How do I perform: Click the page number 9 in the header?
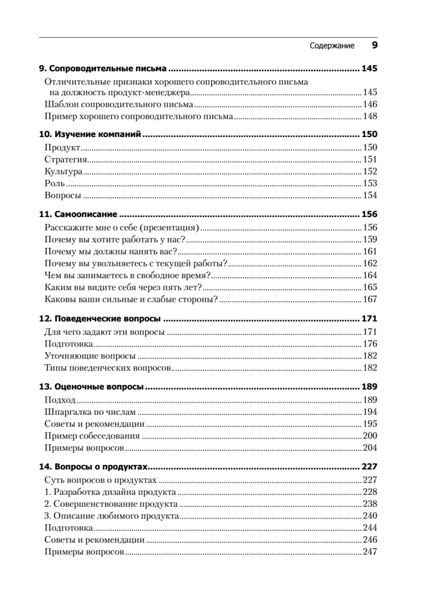point(374,46)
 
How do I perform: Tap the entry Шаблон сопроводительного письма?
point(119,105)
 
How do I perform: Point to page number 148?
point(370,117)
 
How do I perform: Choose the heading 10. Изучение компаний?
point(90,135)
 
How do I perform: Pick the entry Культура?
point(63,171)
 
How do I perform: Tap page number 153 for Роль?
point(370,184)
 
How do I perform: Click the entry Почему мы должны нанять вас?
point(110,251)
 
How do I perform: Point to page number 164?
point(370,275)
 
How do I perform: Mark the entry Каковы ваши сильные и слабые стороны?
point(131,299)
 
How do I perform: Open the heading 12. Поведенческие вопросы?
point(100,319)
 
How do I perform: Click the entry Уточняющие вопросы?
point(90,356)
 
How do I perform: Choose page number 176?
point(370,344)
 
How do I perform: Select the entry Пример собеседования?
point(92,436)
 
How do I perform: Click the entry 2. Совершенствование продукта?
point(110,504)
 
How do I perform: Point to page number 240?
point(370,516)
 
